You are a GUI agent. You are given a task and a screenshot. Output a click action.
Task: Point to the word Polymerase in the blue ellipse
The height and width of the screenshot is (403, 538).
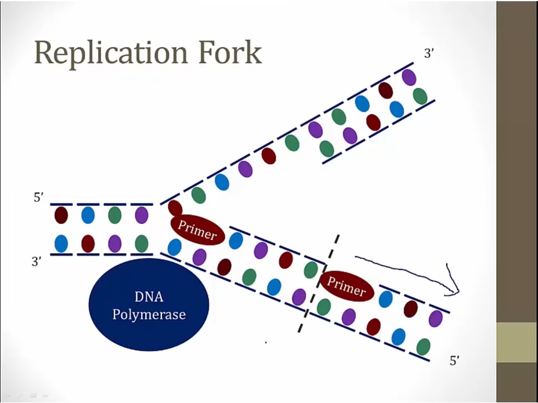[x=149, y=314]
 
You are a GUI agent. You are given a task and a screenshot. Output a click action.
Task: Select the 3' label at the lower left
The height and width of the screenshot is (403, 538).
[x=37, y=262]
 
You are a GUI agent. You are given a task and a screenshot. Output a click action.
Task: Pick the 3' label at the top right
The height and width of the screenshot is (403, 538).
[x=429, y=53]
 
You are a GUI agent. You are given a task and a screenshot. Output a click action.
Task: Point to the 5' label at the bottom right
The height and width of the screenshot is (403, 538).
[x=455, y=361]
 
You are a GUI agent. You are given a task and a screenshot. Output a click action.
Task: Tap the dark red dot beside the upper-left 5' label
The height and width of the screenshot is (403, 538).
[x=61, y=215]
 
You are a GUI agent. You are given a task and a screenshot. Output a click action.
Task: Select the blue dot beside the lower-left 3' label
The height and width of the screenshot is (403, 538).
[x=61, y=244]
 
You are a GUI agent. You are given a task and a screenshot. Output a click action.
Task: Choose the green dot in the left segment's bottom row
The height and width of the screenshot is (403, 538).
[x=142, y=244]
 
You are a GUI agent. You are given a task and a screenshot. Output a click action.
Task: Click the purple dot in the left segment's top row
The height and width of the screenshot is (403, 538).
[x=142, y=215]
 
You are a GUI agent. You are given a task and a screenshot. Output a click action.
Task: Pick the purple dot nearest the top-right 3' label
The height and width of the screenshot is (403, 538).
[x=409, y=78]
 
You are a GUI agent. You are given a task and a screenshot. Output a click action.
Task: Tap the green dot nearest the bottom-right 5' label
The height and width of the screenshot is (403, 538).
[x=423, y=346]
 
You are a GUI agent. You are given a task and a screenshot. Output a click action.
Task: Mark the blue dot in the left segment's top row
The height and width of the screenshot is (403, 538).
[x=88, y=215]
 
